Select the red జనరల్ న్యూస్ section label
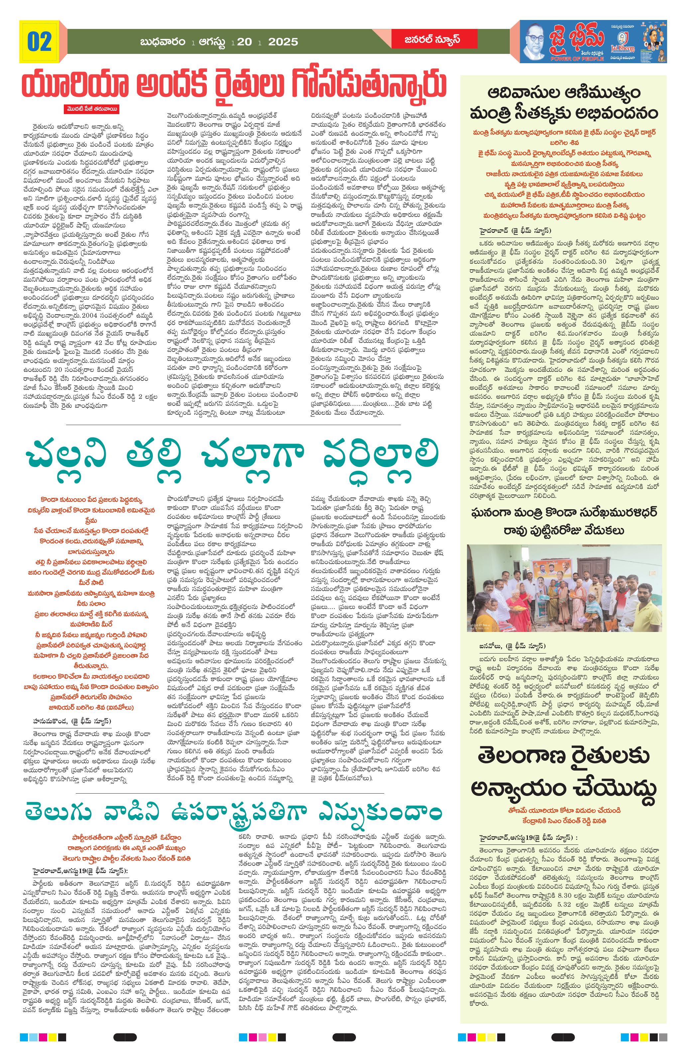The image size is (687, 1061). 426,40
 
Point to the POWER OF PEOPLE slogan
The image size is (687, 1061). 577,59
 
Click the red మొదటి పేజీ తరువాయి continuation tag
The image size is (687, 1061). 91,109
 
